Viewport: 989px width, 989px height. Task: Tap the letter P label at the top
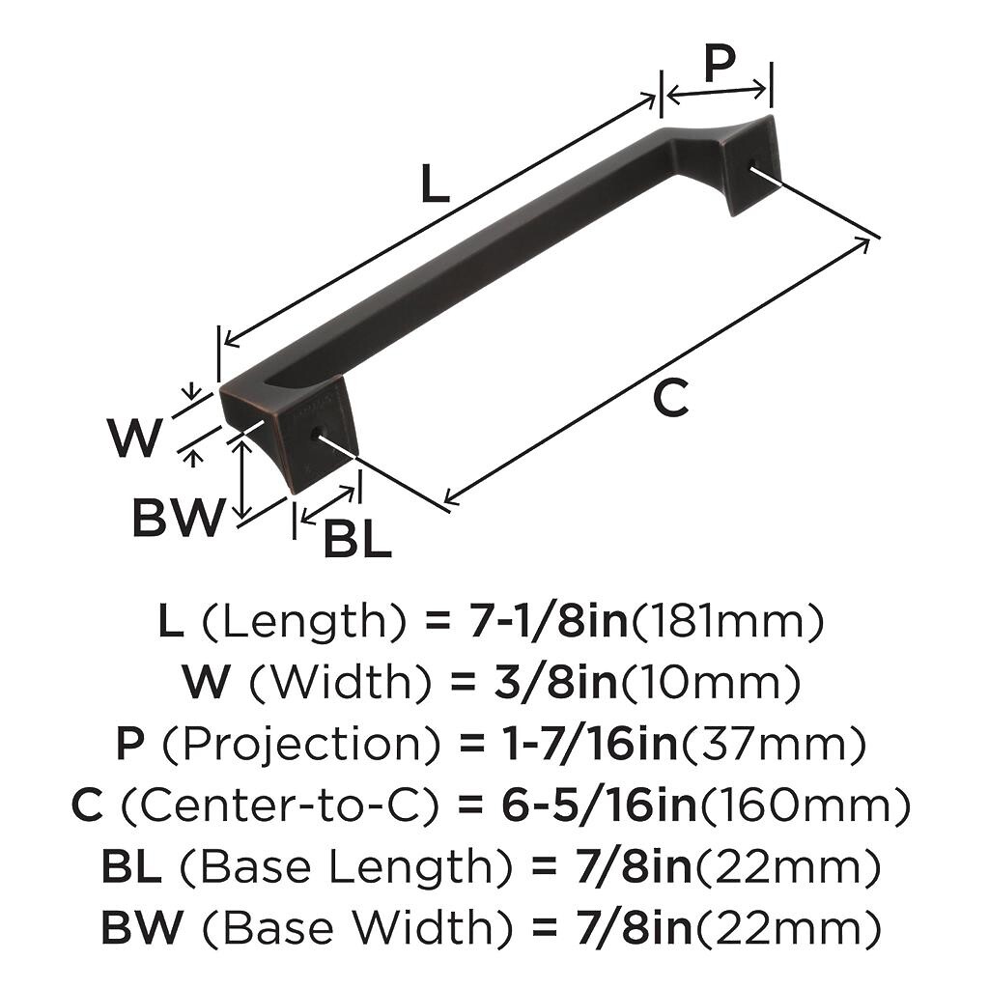tap(719, 64)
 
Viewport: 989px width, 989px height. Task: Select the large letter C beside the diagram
tap(670, 398)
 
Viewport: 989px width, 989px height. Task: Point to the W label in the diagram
tap(135, 438)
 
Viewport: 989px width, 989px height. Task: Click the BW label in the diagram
tap(179, 518)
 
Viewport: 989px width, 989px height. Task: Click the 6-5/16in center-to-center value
tap(599, 805)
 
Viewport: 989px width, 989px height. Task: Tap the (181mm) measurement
tap(727, 622)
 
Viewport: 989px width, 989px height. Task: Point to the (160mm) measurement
tap(805, 806)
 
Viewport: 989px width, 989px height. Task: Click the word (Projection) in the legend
tap(301, 745)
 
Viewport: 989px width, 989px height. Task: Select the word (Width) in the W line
tap(341, 683)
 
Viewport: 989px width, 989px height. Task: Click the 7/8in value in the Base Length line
tap(634, 866)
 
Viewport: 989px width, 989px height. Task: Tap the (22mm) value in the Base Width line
tap(786, 928)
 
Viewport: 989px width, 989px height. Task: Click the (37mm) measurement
tap(774, 745)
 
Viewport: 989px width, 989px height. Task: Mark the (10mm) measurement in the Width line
tap(710, 683)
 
